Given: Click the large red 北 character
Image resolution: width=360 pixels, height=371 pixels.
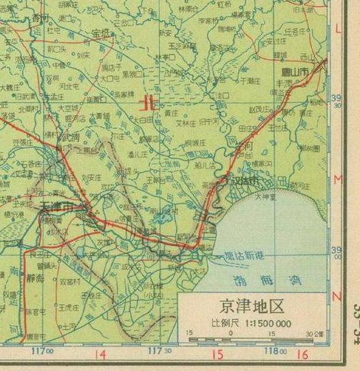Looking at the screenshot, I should click(x=146, y=104).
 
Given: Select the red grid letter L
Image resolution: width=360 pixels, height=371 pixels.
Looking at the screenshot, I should click(x=339, y=28).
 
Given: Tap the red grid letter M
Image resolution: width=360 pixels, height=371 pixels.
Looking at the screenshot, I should click(x=338, y=179).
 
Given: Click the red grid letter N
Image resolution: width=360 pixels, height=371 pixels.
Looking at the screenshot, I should click(x=337, y=297).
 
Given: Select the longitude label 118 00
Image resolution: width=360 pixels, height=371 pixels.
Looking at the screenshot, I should click(x=276, y=351).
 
